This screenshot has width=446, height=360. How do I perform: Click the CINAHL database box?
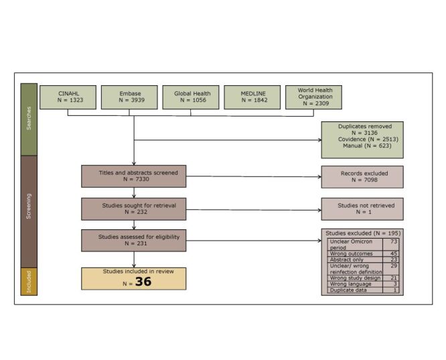(x=68, y=97)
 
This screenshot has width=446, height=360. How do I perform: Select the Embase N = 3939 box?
(x=129, y=97)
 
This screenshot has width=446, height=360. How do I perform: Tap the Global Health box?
(x=191, y=97)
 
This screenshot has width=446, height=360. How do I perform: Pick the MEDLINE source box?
(x=252, y=97)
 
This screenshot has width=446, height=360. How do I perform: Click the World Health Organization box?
(x=313, y=97)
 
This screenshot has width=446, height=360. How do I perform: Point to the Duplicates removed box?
(x=362, y=140)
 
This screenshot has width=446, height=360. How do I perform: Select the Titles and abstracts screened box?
(x=134, y=176)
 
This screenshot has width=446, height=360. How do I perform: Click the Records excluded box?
(x=362, y=177)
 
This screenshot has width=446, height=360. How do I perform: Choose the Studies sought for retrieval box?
(x=134, y=209)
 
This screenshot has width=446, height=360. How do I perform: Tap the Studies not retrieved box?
(x=362, y=209)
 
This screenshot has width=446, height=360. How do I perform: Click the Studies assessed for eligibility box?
(x=134, y=241)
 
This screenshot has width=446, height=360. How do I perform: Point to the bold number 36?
(x=143, y=282)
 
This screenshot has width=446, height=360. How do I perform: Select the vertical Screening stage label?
(x=29, y=206)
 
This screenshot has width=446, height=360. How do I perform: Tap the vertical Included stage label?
(x=29, y=282)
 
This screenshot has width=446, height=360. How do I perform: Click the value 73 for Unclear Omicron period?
(x=394, y=241)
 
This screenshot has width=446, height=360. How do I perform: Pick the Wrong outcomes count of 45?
(x=394, y=253)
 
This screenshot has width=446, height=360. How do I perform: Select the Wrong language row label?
(x=350, y=284)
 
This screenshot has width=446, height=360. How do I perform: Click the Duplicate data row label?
(x=348, y=290)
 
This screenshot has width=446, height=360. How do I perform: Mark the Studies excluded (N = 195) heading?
(x=363, y=233)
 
